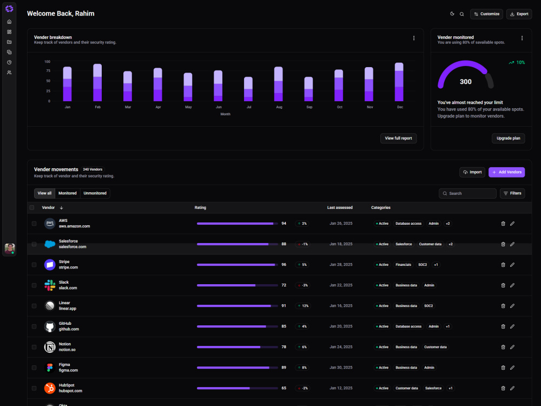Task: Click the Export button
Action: pyautogui.click(x=519, y=14)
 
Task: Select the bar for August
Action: pyautogui.click(x=279, y=84)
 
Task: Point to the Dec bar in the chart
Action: pyautogui.click(x=399, y=82)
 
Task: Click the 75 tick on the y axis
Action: pyautogui.click(x=48, y=71)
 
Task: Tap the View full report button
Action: pyautogui.click(x=399, y=138)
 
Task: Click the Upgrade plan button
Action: pyautogui.click(x=508, y=138)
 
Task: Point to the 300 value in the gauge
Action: pyautogui.click(x=465, y=82)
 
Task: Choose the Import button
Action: pyautogui.click(x=472, y=172)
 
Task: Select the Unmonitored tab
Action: pyautogui.click(x=95, y=193)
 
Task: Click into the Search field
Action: pyautogui.click(x=467, y=193)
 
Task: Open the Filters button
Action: pyautogui.click(x=512, y=193)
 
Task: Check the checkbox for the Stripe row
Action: pyautogui.click(x=34, y=265)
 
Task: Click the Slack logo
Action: pyautogui.click(x=50, y=285)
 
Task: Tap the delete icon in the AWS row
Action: pyautogui.click(x=503, y=224)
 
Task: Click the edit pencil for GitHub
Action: pyautogui.click(x=512, y=326)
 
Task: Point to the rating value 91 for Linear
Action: pyautogui.click(x=283, y=306)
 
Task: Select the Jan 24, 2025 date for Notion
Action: pyautogui.click(x=341, y=347)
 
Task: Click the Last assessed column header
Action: pyautogui.click(x=340, y=207)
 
